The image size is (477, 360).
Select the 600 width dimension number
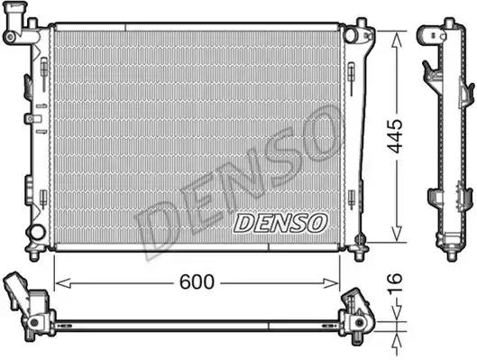pyautogui.click(x=196, y=282)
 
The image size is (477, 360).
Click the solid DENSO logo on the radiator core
pyautogui.click(x=280, y=221)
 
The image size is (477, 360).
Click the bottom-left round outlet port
pyautogui.click(x=37, y=233)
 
